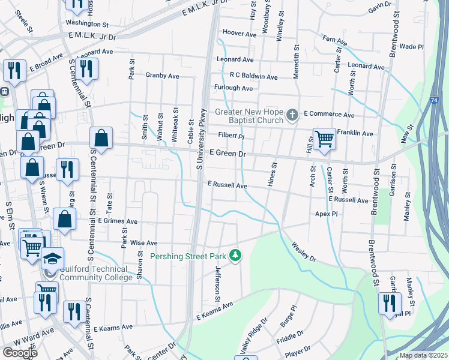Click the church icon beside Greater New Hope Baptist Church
point(292,114)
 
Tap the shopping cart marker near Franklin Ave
point(324,139)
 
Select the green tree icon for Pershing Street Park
point(237,256)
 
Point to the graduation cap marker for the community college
point(52,259)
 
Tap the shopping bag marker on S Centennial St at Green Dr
point(101,137)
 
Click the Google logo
point(20,353)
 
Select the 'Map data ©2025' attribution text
point(423,355)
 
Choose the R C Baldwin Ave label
point(253,77)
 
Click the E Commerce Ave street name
point(329,114)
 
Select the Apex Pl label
point(327,213)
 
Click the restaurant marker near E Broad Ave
point(14,70)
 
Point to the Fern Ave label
point(335,41)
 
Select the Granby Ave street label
point(162,76)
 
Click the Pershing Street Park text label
point(188,256)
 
